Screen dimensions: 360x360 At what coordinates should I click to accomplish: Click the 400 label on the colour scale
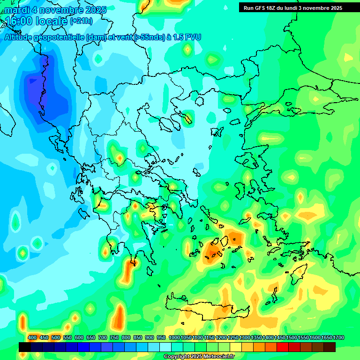click(x=32, y=337)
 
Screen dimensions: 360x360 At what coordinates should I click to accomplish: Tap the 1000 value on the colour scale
click(x=174, y=337)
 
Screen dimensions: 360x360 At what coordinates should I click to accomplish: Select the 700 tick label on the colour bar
click(x=103, y=337)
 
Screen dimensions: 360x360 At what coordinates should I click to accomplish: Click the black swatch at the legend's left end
click(x=25, y=347)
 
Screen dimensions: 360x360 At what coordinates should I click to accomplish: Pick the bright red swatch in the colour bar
click(x=283, y=347)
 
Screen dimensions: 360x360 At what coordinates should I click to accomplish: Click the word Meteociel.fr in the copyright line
click(x=219, y=357)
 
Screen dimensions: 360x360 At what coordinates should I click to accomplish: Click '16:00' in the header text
click(x=20, y=21)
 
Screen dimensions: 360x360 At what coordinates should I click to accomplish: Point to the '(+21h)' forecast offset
click(x=81, y=21)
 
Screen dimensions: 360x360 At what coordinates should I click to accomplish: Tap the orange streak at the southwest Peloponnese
click(x=129, y=270)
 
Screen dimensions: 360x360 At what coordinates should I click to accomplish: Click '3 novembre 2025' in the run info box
click(x=320, y=8)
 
